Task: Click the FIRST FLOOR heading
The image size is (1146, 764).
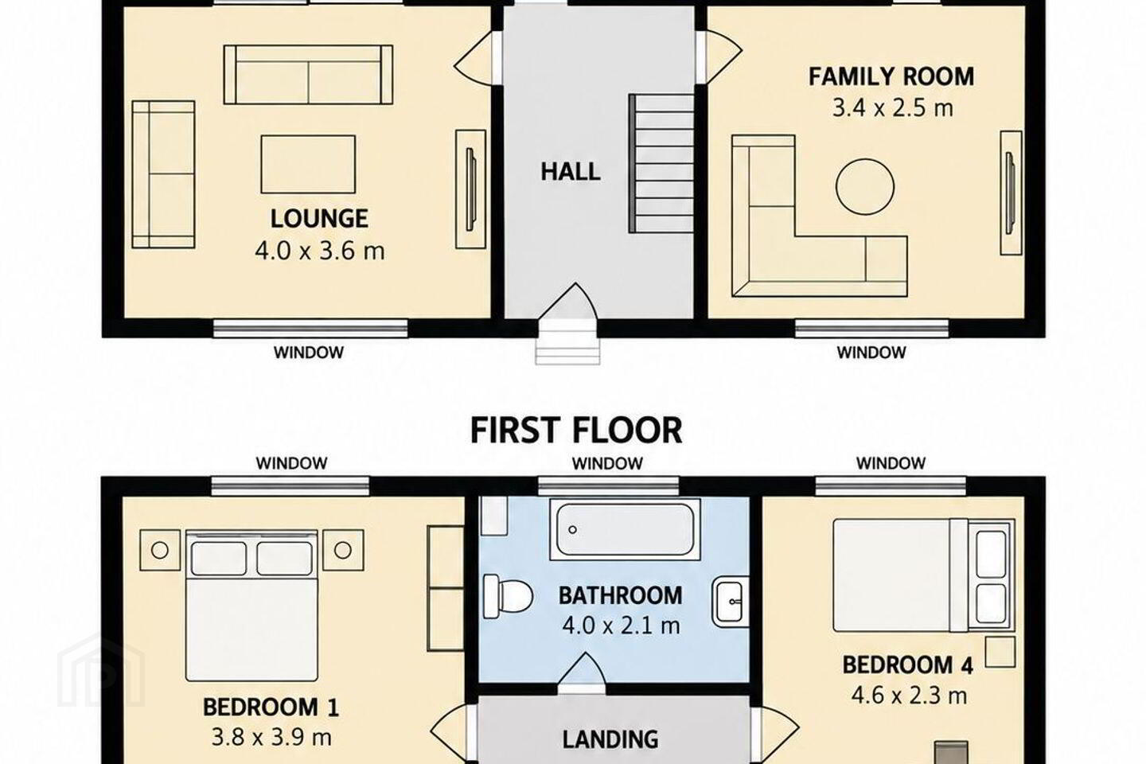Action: click(576, 431)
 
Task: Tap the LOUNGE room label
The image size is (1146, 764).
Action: click(319, 219)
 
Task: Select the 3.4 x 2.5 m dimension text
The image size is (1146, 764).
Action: click(893, 108)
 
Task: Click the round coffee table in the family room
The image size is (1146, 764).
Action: click(865, 187)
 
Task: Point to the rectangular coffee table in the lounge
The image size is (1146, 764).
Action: click(308, 164)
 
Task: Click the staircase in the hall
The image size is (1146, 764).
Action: click(661, 164)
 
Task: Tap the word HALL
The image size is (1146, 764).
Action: click(571, 172)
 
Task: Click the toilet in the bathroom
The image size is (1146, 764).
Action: click(508, 596)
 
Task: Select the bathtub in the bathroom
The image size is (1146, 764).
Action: click(625, 529)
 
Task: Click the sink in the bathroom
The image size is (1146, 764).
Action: click(731, 604)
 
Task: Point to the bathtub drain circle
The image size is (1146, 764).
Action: click(572, 530)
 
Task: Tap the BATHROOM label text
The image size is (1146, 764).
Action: click(621, 595)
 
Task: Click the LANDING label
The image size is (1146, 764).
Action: click(610, 739)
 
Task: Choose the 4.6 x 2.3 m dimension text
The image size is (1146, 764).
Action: click(909, 696)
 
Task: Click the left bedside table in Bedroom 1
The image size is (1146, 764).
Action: click(160, 550)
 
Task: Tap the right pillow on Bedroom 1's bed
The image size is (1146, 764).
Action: click(284, 559)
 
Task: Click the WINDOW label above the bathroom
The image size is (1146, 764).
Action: click(607, 464)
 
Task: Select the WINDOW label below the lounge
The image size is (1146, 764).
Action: click(309, 353)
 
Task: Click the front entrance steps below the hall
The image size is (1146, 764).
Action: click(567, 342)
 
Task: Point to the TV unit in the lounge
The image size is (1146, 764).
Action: click(470, 189)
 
